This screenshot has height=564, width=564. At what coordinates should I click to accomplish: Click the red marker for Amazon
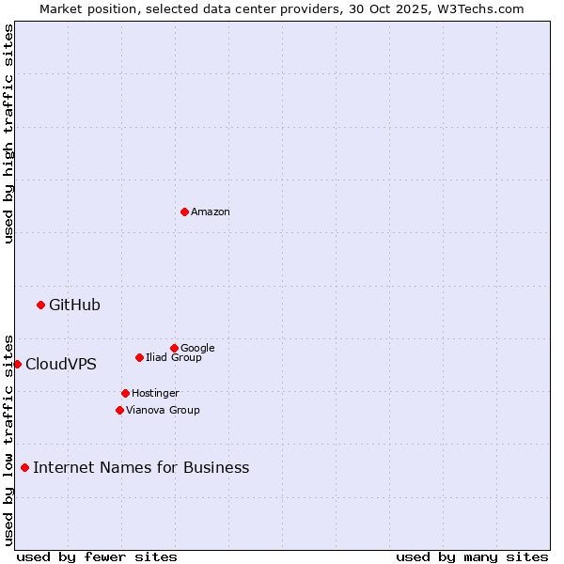click(x=184, y=211)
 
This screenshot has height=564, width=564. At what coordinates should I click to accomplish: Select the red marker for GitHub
click(x=40, y=305)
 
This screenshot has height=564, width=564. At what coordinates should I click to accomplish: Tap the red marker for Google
click(x=174, y=348)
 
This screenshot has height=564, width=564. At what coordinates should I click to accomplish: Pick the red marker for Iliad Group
click(x=139, y=357)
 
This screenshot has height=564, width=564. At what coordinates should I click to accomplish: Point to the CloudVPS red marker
click(x=17, y=364)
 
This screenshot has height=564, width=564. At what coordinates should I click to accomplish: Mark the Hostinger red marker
click(x=125, y=393)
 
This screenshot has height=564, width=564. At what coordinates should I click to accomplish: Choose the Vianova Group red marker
click(x=119, y=410)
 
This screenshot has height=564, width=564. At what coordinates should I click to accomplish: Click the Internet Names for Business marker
click(x=24, y=467)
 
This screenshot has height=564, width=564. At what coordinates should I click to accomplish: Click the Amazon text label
click(x=211, y=212)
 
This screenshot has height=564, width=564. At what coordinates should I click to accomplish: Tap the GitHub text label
click(x=74, y=305)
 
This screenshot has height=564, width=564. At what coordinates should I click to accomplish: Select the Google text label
click(x=197, y=349)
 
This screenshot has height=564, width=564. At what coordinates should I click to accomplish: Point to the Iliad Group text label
click(x=174, y=358)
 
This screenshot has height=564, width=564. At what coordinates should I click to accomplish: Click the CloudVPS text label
click(x=61, y=365)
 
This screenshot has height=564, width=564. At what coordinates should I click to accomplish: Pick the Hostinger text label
click(x=155, y=394)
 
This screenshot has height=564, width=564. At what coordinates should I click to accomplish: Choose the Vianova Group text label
click(x=163, y=411)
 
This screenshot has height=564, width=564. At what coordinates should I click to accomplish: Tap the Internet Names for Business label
click(x=141, y=468)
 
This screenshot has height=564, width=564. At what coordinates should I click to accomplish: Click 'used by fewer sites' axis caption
click(x=97, y=556)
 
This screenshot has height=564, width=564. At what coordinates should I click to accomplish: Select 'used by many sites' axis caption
click(x=472, y=556)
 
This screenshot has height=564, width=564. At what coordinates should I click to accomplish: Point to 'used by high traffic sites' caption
click(x=8, y=133)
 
